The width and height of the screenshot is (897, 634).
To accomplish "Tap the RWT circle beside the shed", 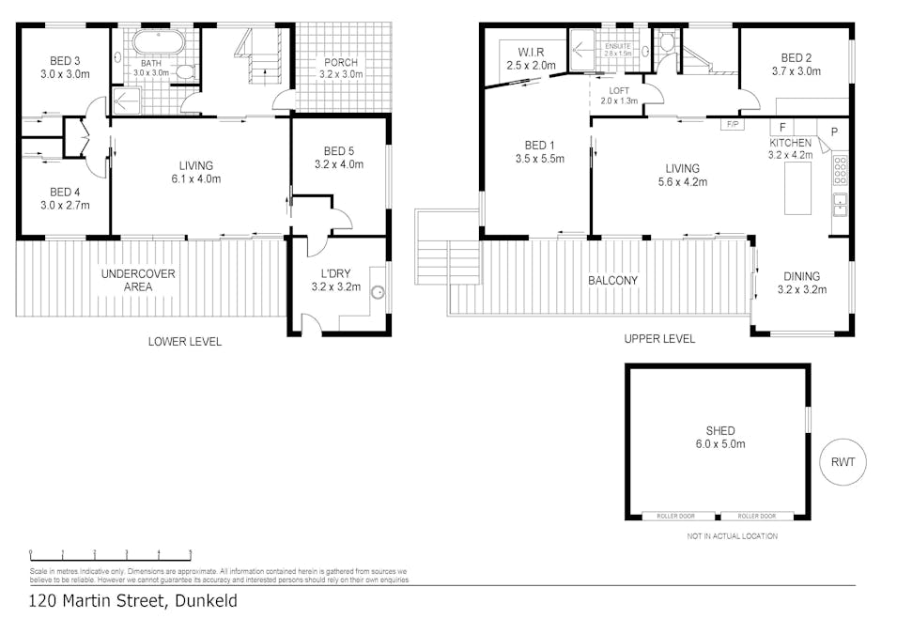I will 842,461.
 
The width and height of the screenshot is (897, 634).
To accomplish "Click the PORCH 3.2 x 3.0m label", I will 340,69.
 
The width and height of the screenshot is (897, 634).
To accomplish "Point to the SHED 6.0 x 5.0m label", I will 719,438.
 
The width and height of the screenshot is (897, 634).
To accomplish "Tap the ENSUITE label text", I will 617,45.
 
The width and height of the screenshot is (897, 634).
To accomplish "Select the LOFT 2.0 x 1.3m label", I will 618,95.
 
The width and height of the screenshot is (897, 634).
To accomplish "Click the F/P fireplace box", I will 732,124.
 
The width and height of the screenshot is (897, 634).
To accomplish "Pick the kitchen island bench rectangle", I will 797,187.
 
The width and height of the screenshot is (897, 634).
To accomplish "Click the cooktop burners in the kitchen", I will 841,169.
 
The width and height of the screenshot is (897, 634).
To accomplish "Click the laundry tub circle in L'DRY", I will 379,292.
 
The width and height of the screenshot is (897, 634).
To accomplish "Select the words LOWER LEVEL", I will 185,342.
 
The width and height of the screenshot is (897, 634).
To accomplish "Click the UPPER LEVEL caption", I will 659,339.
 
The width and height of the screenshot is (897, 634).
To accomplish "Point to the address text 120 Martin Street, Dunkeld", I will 132,601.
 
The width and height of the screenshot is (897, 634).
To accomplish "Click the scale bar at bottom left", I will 111,553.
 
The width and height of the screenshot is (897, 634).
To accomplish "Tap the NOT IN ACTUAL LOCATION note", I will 732,536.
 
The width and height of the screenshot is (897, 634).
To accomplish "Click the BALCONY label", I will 614,280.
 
